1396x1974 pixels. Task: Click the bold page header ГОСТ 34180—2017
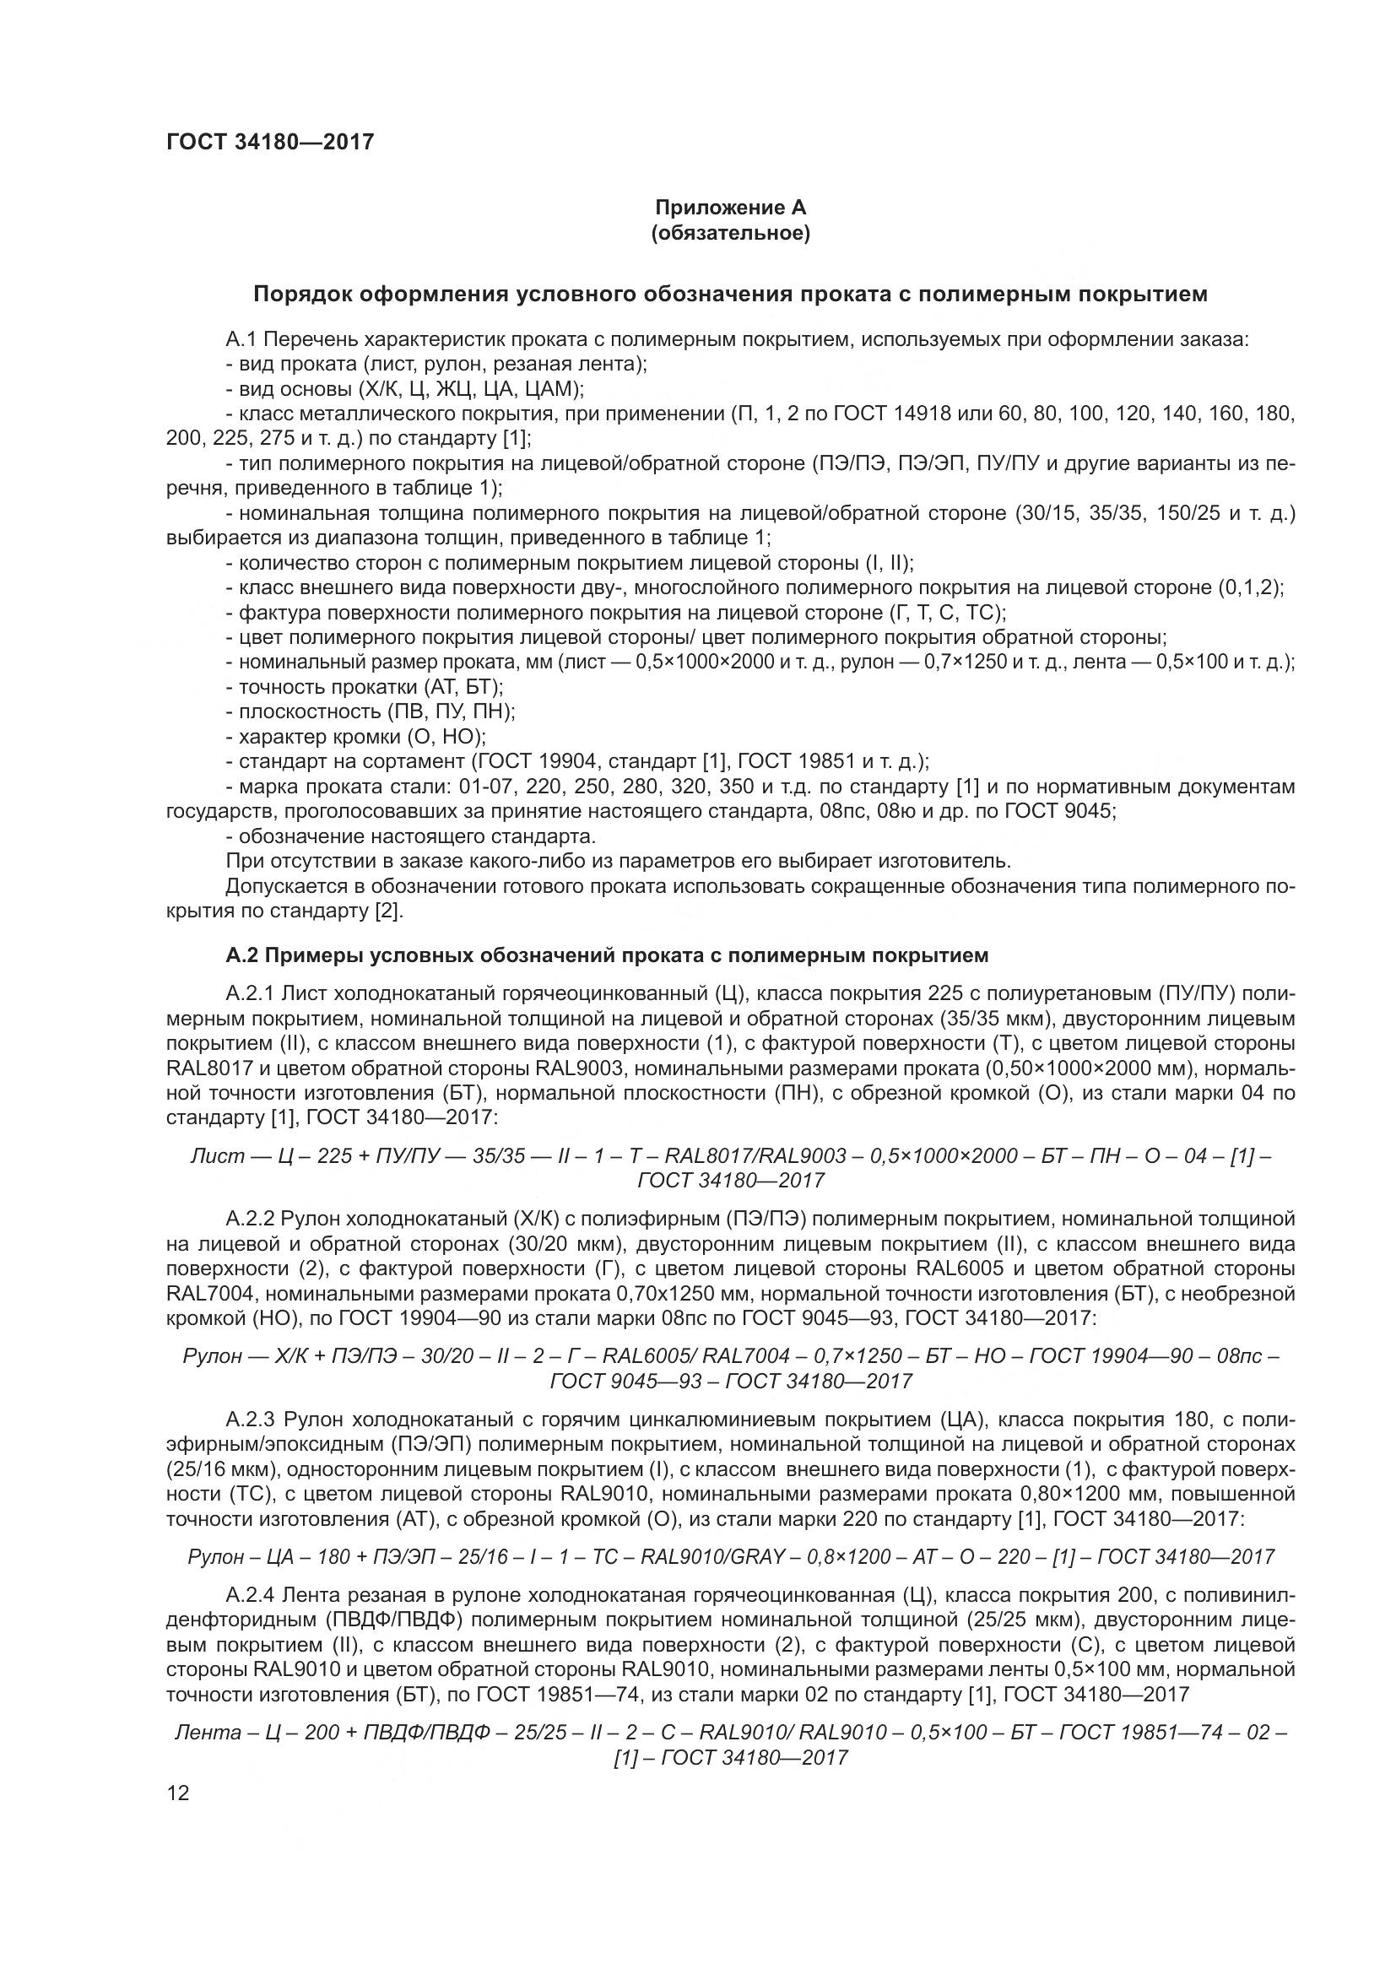click(x=270, y=142)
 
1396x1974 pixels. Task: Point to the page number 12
click(x=178, y=1793)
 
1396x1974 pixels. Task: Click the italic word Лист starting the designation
click(x=218, y=1156)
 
